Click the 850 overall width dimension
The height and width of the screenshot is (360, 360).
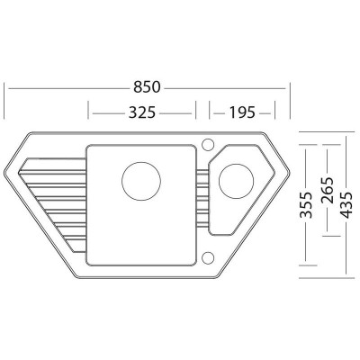pyautogui.click(x=147, y=87)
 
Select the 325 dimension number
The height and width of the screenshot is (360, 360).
pyautogui.click(x=142, y=112)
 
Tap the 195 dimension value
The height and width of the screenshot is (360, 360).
pyautogui.click(x=242, y=112)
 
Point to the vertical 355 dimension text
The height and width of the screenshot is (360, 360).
pyautogui.click(x=307, y=204)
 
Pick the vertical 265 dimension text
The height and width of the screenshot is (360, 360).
pyautogui.click(x=327, y=190)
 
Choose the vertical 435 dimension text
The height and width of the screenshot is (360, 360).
pyautogui.click(x=346, y=204)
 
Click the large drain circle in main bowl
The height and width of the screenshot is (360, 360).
pyautogui.click(x=141, y=181)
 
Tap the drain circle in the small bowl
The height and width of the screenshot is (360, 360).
pyautogui.click(x=237, y=181)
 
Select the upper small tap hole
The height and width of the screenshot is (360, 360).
pyautogui.click(x=208, y=144)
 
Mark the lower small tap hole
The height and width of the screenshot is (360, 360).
pyautogui.click(x=208, y=257)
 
